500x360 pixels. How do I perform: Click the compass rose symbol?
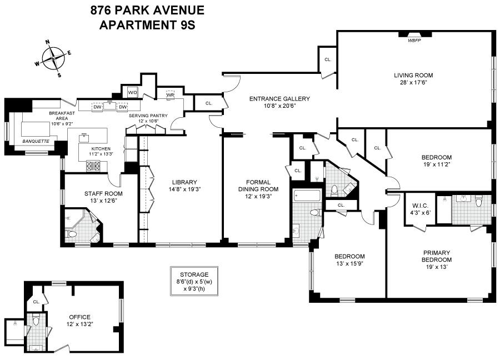click(53, 57)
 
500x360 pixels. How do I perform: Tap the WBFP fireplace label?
click(414, 40)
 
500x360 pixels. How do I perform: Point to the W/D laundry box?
click(133, 92)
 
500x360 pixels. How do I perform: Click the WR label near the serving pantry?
click(171, 95)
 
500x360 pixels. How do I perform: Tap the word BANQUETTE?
click(36, 142)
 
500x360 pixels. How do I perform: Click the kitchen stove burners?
click(93, 165)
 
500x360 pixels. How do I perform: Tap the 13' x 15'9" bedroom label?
click(349, 259)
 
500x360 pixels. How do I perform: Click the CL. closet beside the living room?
click(328, 59)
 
